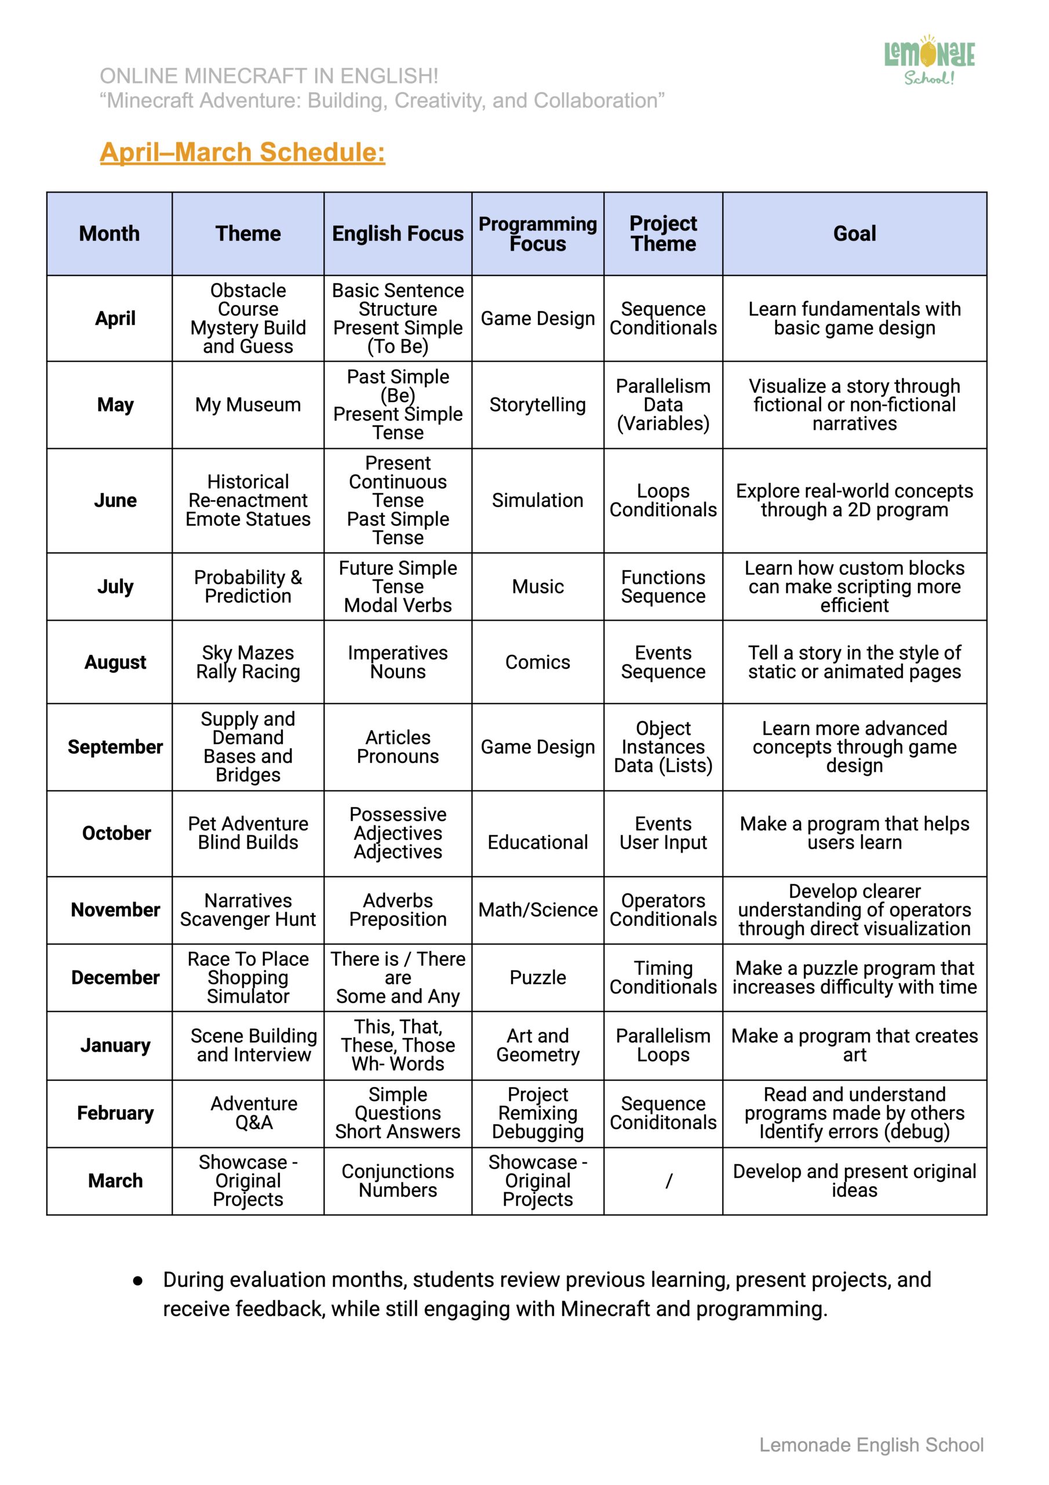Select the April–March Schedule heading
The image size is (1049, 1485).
click(x=242, y=152)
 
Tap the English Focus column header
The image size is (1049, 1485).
click(x=398, y=234)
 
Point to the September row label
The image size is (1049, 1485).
click(x=115, y=747)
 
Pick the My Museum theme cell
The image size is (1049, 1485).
click(x=247, y=405)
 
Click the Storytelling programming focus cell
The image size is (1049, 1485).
click(x=537, y=405)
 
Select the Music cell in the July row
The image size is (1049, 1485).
click(x=537, y=586)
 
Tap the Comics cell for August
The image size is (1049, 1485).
click(x=537, y=662)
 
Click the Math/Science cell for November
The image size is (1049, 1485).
click(x=537, y=910)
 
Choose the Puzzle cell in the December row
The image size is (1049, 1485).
click(x=537, y=977)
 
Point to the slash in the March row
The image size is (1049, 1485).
click(x=668, y=1181)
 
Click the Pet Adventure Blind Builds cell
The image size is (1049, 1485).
click(x=247, y=833)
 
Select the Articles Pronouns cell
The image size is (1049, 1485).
click(x=398, y=747)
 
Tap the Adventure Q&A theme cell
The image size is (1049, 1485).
click(x=253, y=1113)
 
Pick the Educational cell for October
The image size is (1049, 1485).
click(x=537, y=842)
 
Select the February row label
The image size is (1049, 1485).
click(x=115, y=1113)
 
